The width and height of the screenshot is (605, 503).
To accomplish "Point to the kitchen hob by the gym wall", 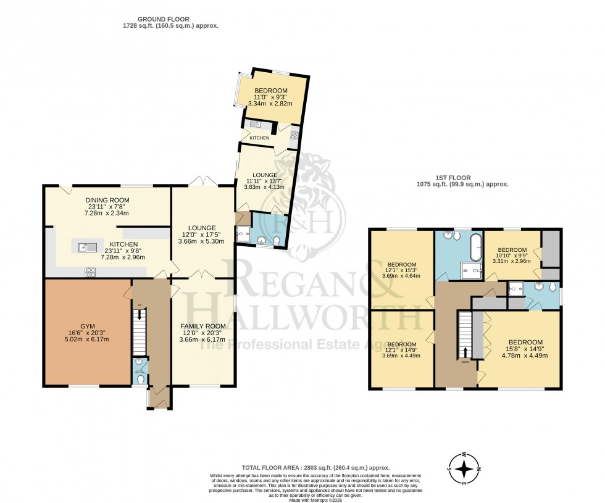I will click(90, 270).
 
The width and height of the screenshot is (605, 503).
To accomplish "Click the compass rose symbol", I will click(466, 469).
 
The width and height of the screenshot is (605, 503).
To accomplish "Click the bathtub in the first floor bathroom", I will click(475, 247).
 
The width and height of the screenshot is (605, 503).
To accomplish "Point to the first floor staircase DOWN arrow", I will click(465, 352).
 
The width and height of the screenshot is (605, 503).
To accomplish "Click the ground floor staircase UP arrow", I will click(140, 312).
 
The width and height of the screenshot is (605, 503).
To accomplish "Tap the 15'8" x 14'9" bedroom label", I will click(525, 343).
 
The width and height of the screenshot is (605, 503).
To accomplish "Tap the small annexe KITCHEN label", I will click(259, 138).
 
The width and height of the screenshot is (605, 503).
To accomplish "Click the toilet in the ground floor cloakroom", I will click(141, 379).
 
